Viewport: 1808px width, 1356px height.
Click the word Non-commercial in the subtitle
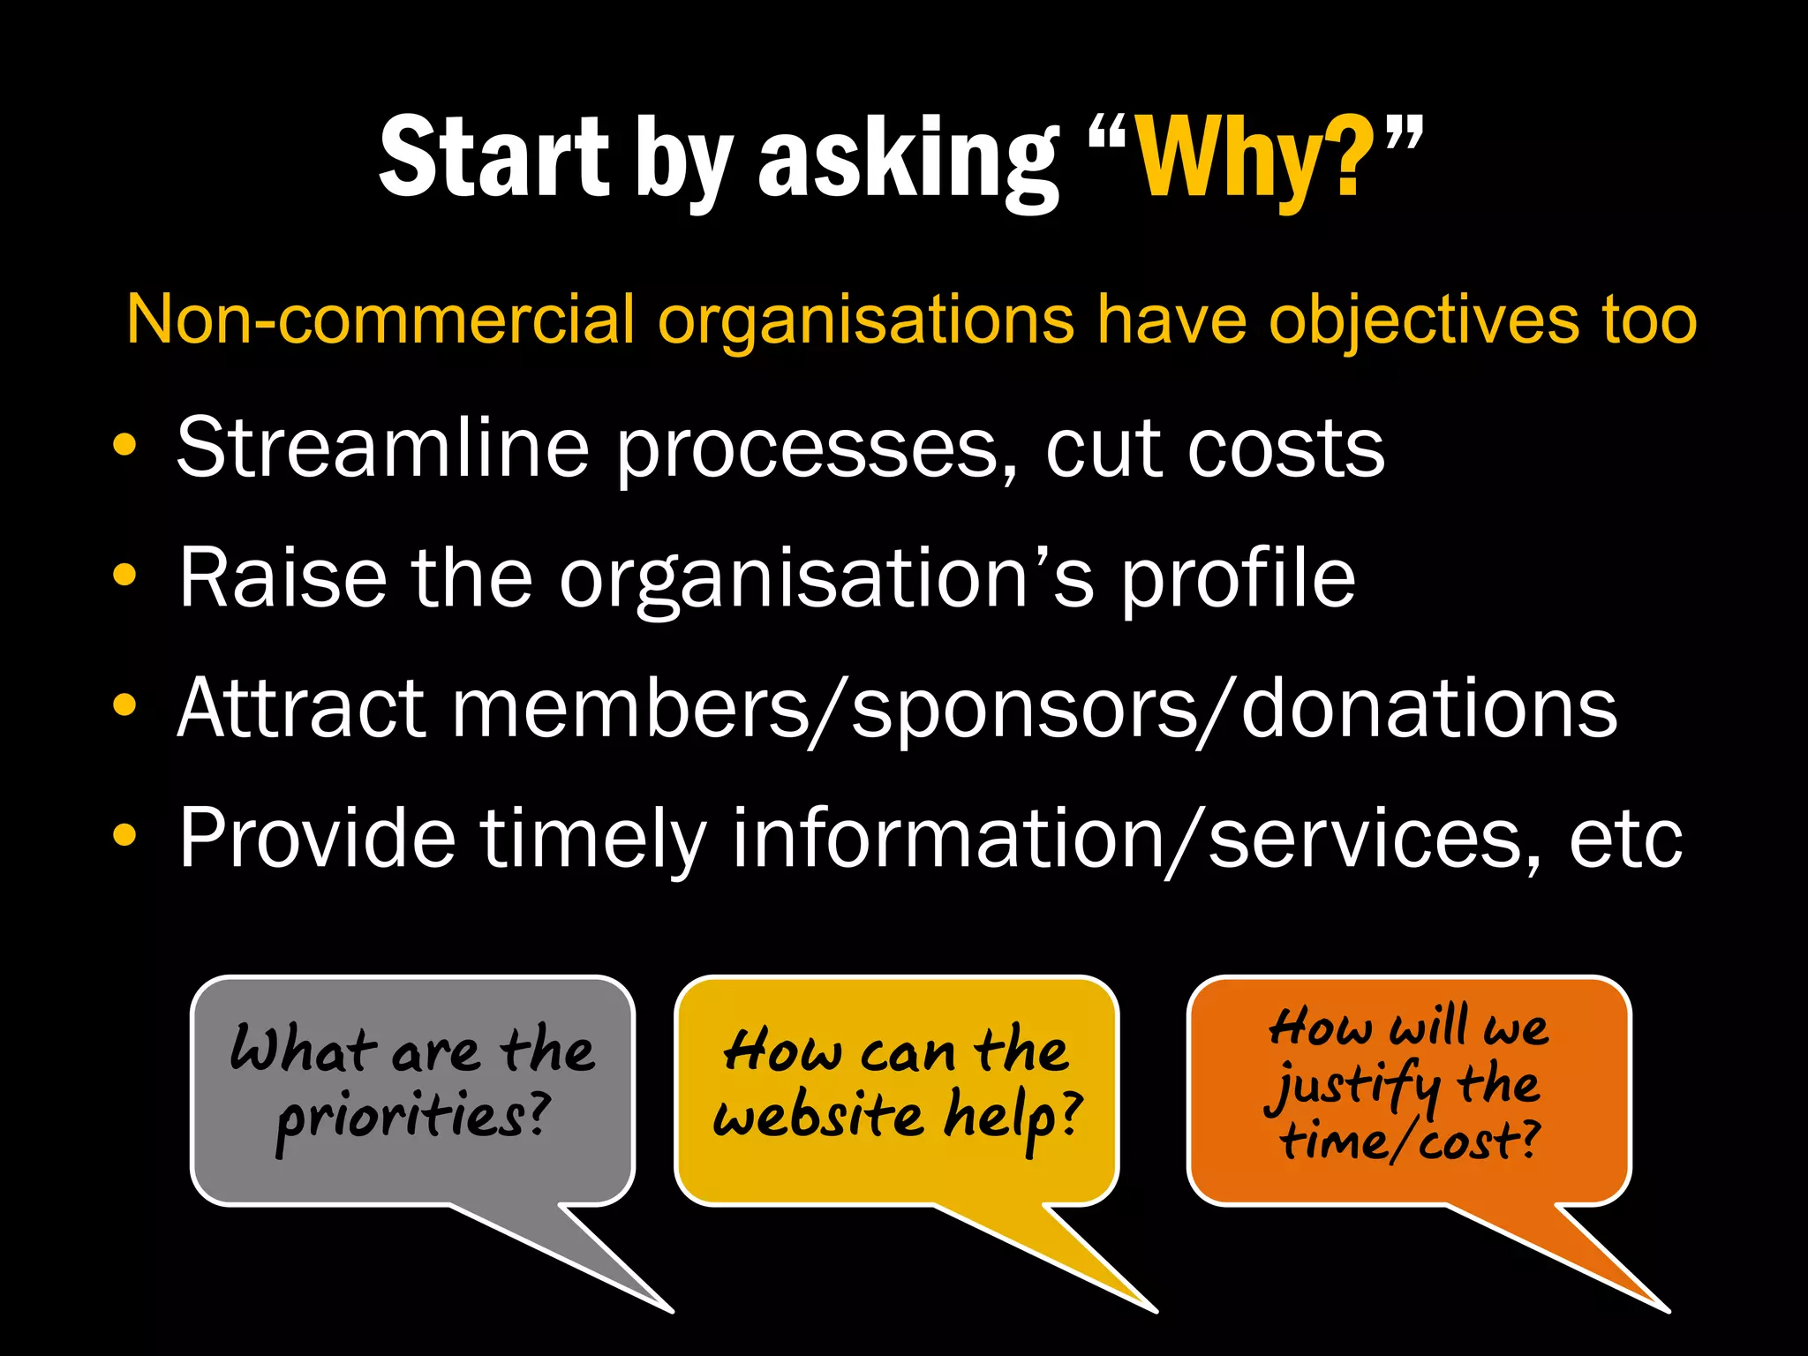pyautogui.click(x=380, y=319)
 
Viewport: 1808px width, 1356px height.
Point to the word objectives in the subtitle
pyautogui.click(x=1422, y=319)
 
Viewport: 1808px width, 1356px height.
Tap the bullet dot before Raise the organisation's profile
pyautogui.click(x=125, y=575)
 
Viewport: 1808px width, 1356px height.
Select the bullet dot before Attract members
pyautogui.click(x=125, y=705)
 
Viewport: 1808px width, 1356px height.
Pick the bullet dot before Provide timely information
pyautogui.click(x=125, y=835)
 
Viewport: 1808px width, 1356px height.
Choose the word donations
pyautogui.click(x=1429, y=708)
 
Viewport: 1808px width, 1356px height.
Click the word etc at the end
pyautogui.click(x=1625, y=839)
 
